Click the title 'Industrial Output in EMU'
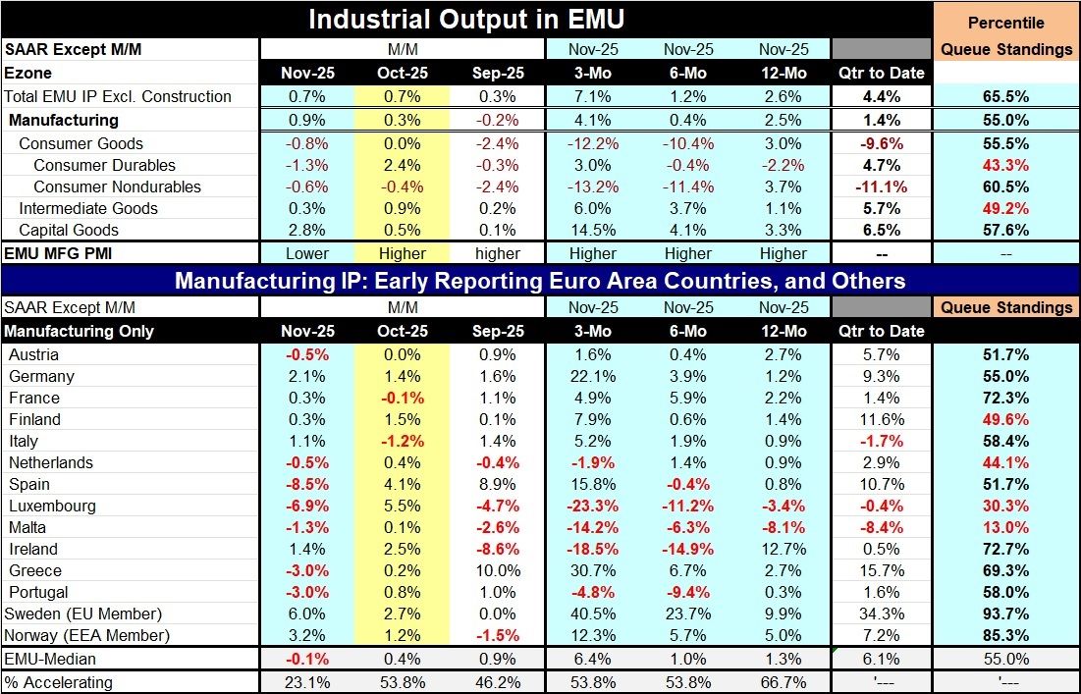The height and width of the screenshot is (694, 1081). (x=466, y=20)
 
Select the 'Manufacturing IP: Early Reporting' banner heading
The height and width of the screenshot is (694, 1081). (x=539, y=282)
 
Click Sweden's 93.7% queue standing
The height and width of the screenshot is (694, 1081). (x=1005, y=614)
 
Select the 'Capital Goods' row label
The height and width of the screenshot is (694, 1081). (x=69, y=230)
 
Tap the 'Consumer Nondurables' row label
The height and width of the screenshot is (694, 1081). (x=117, y=187)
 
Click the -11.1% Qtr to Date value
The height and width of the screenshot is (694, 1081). (x=881, y=187)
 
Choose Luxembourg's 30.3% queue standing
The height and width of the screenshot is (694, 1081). (x=1005, y=506)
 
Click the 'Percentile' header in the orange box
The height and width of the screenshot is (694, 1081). (x=1005, y=23)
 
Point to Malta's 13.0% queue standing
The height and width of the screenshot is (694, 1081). (x=1005, y=527)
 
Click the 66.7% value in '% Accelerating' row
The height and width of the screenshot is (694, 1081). (x=784, y=682)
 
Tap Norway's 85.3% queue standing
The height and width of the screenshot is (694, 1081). (x=1005, y=635)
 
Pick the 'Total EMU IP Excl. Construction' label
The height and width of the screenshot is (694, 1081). (x=118, y=96)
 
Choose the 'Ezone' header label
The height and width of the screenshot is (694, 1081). (x=27, y=74)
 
